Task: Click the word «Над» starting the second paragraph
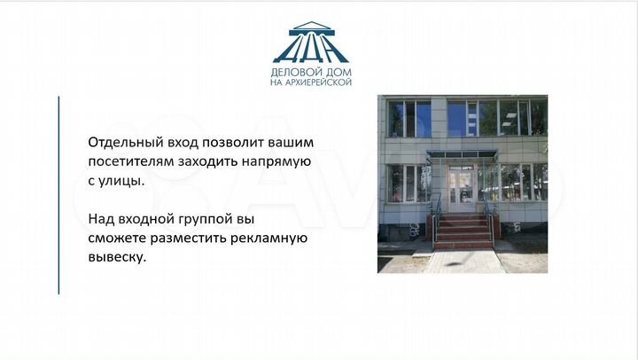pos(100,217)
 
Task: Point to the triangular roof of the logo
pos(317,27)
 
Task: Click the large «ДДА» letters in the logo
pos(317,49)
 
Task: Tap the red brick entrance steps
pos(463,231)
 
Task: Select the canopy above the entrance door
pos(461,155)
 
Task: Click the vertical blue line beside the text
pos(59,195)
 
